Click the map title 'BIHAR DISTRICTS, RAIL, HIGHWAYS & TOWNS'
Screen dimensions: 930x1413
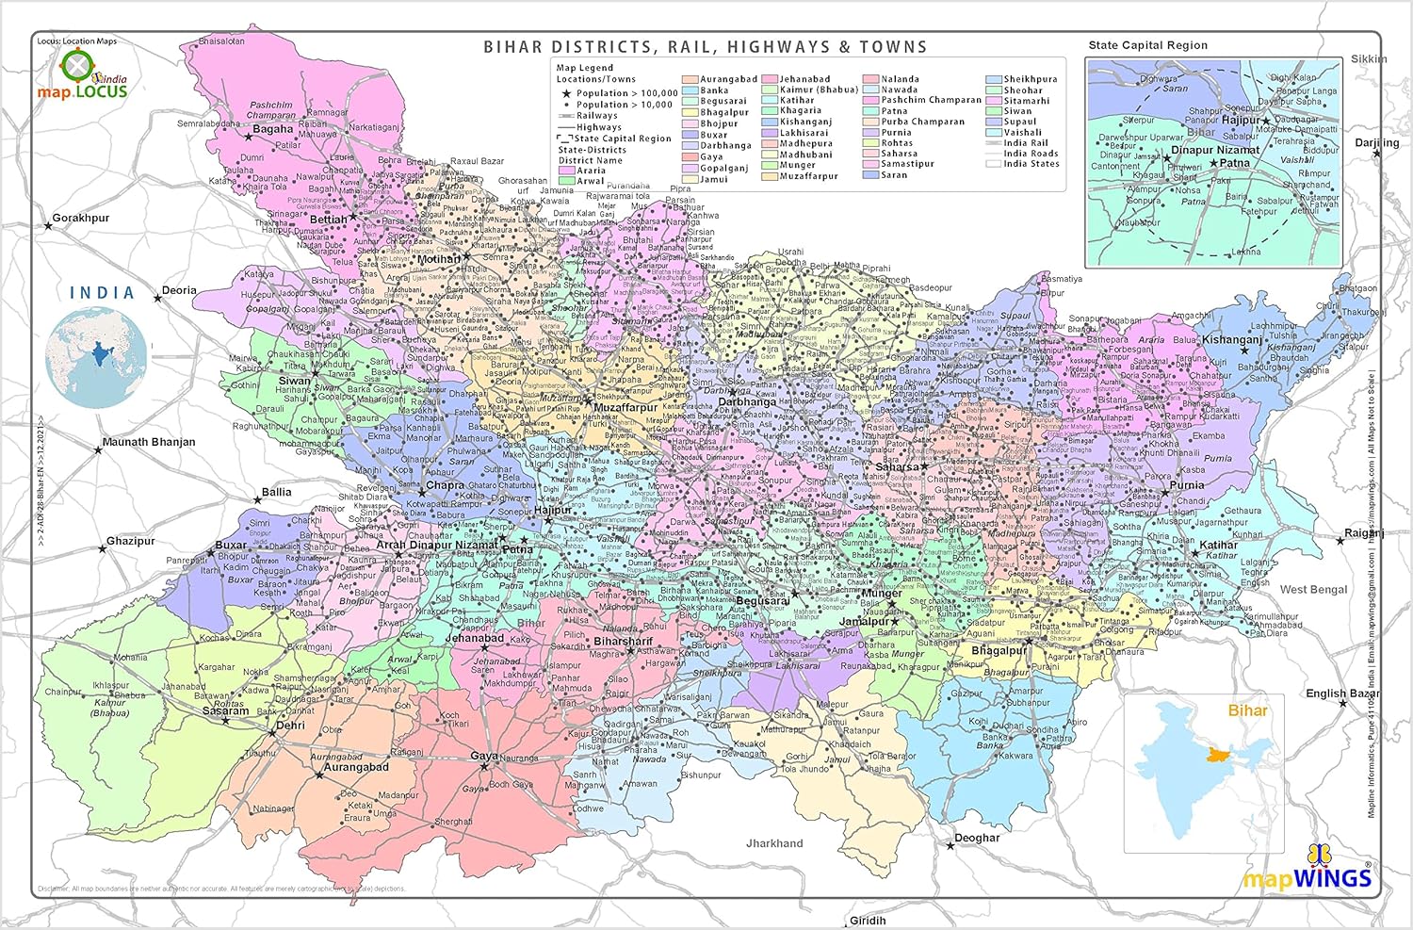[x=706, y=47]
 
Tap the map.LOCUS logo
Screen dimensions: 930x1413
[x=82, y=77]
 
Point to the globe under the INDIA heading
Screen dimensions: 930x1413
[x=99, y=357]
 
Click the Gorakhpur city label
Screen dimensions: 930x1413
[x=81, y=218]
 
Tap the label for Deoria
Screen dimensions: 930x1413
[x=179, y=290]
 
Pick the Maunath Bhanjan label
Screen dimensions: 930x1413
[x=149, y=442]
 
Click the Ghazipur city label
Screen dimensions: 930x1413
[x=131, y=541]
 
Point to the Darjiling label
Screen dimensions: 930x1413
[x=1376, y=143]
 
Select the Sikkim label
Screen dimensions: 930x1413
[x=1369, y=58]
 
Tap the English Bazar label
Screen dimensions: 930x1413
[x=1342, y=693]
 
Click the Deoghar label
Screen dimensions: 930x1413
[x=977, y=838]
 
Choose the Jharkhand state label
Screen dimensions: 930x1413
[x=774, y=843]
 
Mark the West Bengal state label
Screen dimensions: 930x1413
[x=1313, y=590]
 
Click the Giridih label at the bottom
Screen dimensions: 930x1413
[x=868, y=921]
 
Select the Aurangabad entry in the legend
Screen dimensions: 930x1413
[x=728, y=79]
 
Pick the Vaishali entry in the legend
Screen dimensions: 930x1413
[x=1022, y=133]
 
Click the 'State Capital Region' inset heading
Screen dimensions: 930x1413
[x=1147, y=45]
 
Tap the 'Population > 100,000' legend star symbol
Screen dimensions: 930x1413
[x=566, y=93]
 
